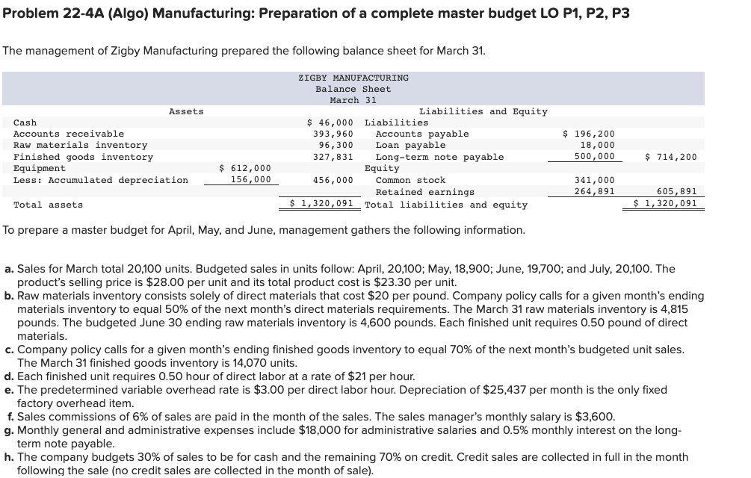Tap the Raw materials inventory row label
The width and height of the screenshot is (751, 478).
tap(81, 145)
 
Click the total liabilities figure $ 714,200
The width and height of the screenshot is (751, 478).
tap(670, 157)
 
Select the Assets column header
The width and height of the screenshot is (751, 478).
tap(186, 111)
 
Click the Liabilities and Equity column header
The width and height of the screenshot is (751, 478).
tap(483, 111)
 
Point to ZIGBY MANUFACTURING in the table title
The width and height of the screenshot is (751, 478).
tap(353, 78)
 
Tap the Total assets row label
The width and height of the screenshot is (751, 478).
tap(49, 205)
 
